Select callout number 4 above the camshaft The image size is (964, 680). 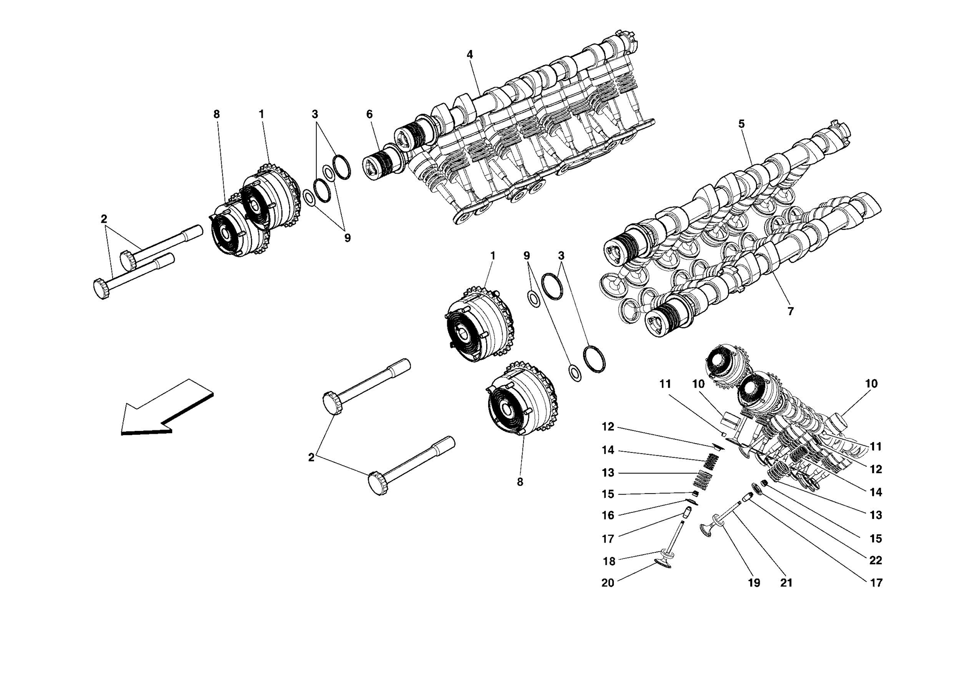[x=469, y=55]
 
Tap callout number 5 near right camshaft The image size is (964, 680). [x=741, y=124]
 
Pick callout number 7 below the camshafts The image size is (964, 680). [x=790, y=311]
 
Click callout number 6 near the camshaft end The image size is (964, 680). [x=369, y=114]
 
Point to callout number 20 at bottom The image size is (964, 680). [x=608, y=583]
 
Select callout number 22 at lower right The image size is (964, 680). [x=875, y=560]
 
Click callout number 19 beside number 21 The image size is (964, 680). [x=754, y=583]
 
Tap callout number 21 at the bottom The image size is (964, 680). [x=786, y=583]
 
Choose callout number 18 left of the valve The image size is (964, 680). [x=609, y=561]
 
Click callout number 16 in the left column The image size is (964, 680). [x=608, y=515]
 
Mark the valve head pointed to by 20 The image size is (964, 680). [x=663, y=563]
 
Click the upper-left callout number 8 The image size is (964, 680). [x=217, y=114]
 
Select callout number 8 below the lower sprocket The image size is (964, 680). [x=520, y=482]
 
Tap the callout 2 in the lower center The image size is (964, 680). [x=311, y=457]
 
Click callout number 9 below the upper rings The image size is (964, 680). [x=347, y=238]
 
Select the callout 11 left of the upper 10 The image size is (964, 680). [x=664, y=384]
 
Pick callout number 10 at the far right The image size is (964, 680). [x=871, y=384]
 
